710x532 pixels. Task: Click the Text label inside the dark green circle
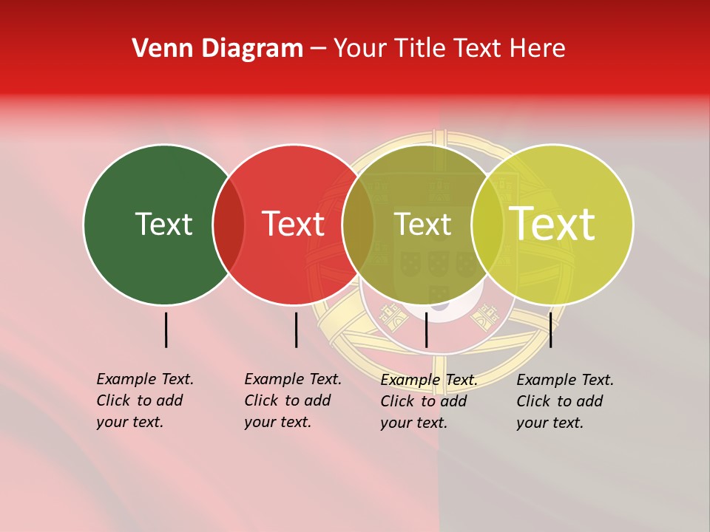[x=163, y=224]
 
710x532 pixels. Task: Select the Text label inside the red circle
[x=293, y=224]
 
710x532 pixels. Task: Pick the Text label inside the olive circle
[x=422, y=224]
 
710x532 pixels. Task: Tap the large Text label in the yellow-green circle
[x=552, y=224]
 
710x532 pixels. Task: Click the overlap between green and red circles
[x=229, y=225]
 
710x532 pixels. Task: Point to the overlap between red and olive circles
[x=358, y=225]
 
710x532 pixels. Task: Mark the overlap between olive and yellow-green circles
[x=487, y=225]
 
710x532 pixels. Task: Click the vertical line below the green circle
[x=166, y=330]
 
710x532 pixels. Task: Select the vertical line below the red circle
[x=296, y=330]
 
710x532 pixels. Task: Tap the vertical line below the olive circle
[x=426, y=330]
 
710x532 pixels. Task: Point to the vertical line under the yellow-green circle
[x=550, y=330]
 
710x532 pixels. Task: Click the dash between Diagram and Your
[x=318, y=49]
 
